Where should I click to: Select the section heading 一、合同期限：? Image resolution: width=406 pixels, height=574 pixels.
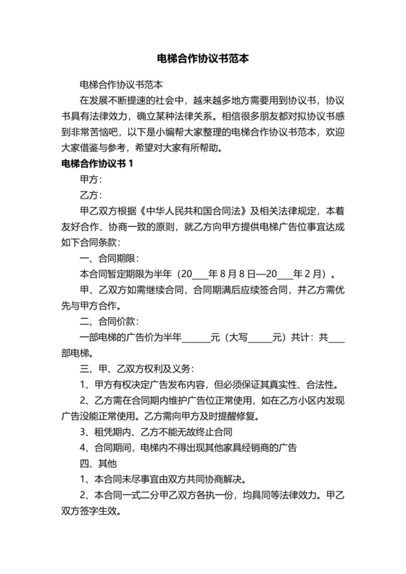tap(110, 259)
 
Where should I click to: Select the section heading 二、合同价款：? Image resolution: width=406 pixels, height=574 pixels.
tap(110, 321)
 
